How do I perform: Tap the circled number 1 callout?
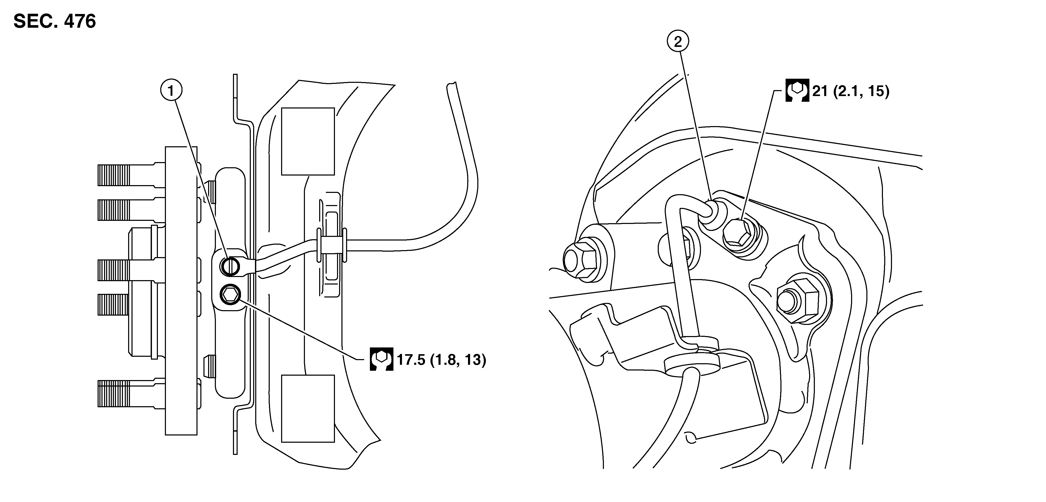pos(171,91)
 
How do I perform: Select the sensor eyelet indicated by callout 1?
pos(230,266)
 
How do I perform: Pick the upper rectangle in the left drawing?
pos(308,141)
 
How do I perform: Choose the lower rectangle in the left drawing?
pos(308,408)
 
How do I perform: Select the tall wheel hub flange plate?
pos(181,291)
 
